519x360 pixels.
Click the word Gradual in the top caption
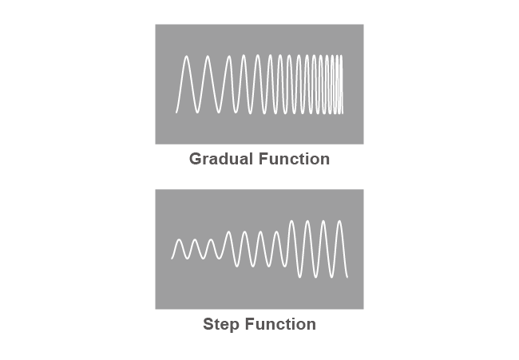(x=221, y=159)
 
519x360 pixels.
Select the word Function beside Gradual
(x=295, y=159)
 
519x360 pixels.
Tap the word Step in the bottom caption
(x=220, y=324)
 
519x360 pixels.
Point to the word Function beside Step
(x=281, y=324)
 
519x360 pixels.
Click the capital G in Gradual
(x=196, y=159)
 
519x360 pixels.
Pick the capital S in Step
(x=208, y=324)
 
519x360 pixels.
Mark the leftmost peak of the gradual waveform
(x=187, y=56)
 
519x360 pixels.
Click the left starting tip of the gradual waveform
(x=176, y=113)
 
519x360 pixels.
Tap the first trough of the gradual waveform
(x=197, y=113)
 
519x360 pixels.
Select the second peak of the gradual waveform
(x=208, y=56)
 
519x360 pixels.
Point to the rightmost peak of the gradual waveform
(x=341, y=56)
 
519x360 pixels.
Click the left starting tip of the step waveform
(x=172, y=259)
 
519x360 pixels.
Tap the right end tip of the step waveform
(x=347, y=277)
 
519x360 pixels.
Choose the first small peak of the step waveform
(x=179, y=239)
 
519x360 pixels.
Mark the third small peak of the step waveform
(x=211, y=239)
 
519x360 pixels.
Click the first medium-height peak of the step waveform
(x=228, y=231)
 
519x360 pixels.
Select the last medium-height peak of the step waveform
(x=276, y=231)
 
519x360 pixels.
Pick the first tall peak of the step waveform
(x=291, y=220)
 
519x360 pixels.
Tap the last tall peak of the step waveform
(x=339, y=220)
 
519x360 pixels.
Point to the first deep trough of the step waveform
(x=300, y=277)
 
